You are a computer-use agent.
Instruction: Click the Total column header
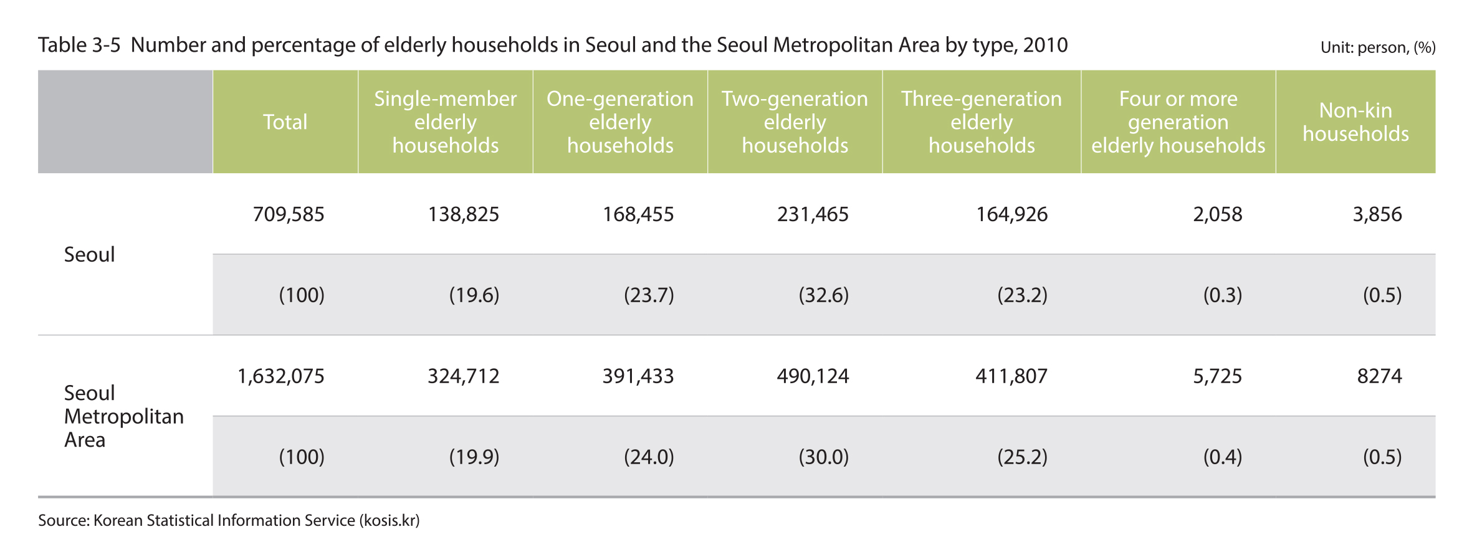[x=285, y=122]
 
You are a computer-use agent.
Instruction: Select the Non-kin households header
[x=1355, y=122]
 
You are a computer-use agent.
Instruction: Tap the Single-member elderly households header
[x=445, y=122]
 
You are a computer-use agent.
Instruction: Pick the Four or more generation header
[x=1178, y=122]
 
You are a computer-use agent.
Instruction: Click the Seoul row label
[x=89, y=255]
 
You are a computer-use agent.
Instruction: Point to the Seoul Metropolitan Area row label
[x=123, y=416]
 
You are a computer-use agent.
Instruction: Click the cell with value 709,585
[x=289, y=214]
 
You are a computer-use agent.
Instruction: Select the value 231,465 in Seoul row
[x=813, y=214]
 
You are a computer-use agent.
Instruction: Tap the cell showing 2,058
[x=1217, y=214]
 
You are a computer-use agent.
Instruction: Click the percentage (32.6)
[x=823, y=295]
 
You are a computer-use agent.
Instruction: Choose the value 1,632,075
[x=281, y=376]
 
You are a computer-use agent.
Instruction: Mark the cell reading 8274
[x=1379, y=376]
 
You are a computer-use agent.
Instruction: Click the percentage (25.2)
[x=1022, y=457]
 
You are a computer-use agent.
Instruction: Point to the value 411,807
[x=1011, y=376]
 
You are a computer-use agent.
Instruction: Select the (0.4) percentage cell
[x=1222, y=457]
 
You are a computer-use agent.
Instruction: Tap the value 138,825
[x=463, y=214]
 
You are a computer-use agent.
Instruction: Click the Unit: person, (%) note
[x=1377, y=48]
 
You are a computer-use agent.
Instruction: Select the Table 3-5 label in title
[x=79, y=45]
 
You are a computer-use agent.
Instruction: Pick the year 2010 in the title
[x=1045, y=45]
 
